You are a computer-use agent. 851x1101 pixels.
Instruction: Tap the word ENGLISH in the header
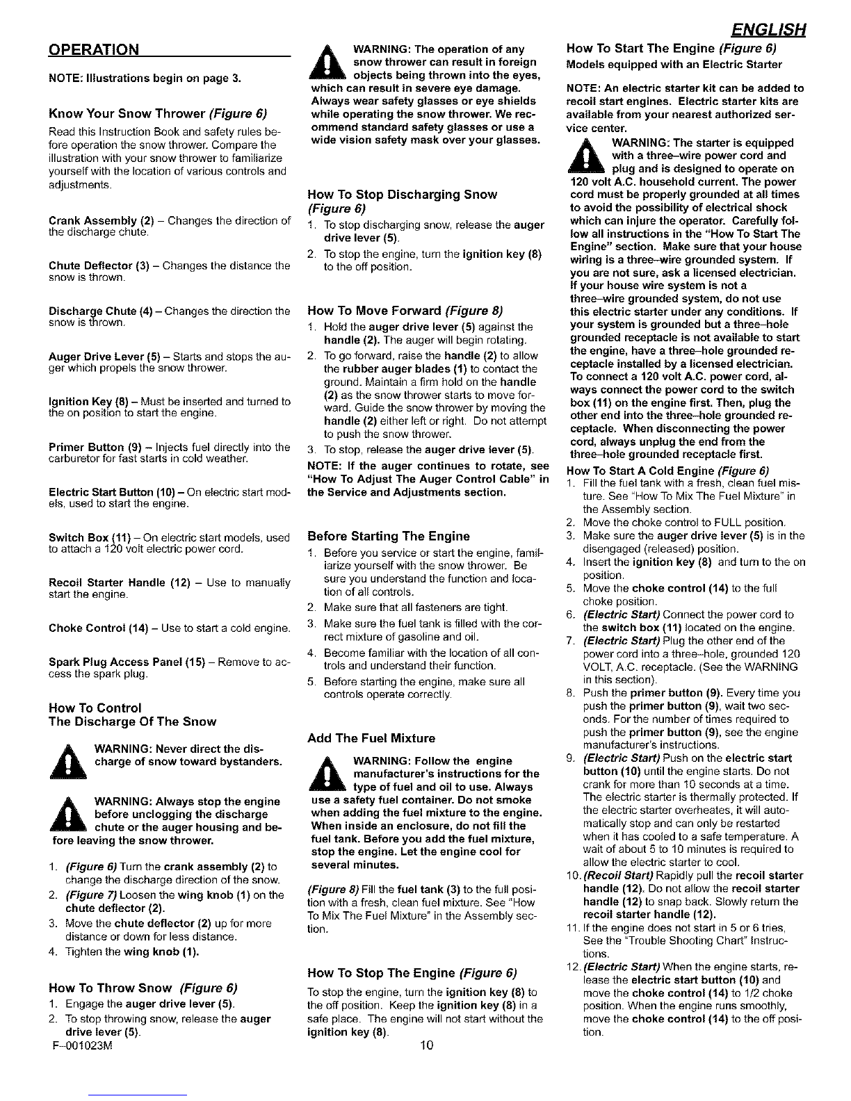coord(768,31)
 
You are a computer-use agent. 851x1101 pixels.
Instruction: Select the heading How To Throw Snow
coord(143,988)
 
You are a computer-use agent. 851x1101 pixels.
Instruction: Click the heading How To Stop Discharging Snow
coord(402,195)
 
